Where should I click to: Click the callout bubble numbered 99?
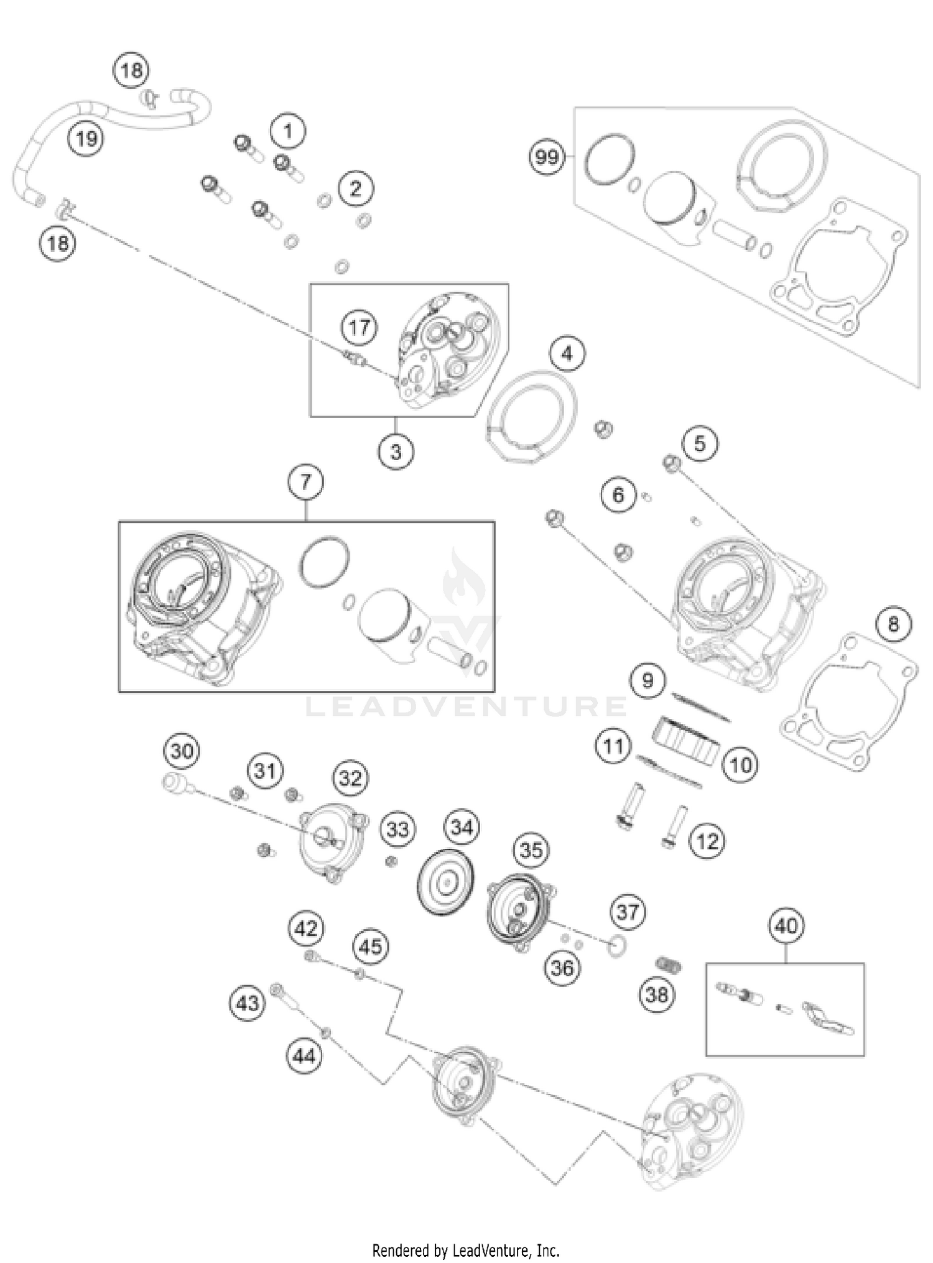pos(547,157)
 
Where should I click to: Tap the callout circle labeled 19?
pos(86,138)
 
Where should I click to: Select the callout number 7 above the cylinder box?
pos(305,482)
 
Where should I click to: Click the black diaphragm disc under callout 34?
pos(446,883)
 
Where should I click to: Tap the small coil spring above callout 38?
pos(669,965)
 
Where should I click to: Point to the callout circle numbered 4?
pos(567,354)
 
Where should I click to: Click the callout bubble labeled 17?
pos(360,327)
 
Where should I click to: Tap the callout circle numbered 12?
pos(707,841)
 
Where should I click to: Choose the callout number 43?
pos(248,1002)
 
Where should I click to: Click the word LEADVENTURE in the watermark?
pos(466,706)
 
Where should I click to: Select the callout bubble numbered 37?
pos(628,912)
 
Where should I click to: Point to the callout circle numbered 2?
pos(355,188)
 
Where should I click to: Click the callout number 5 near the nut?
pos(700,444)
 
